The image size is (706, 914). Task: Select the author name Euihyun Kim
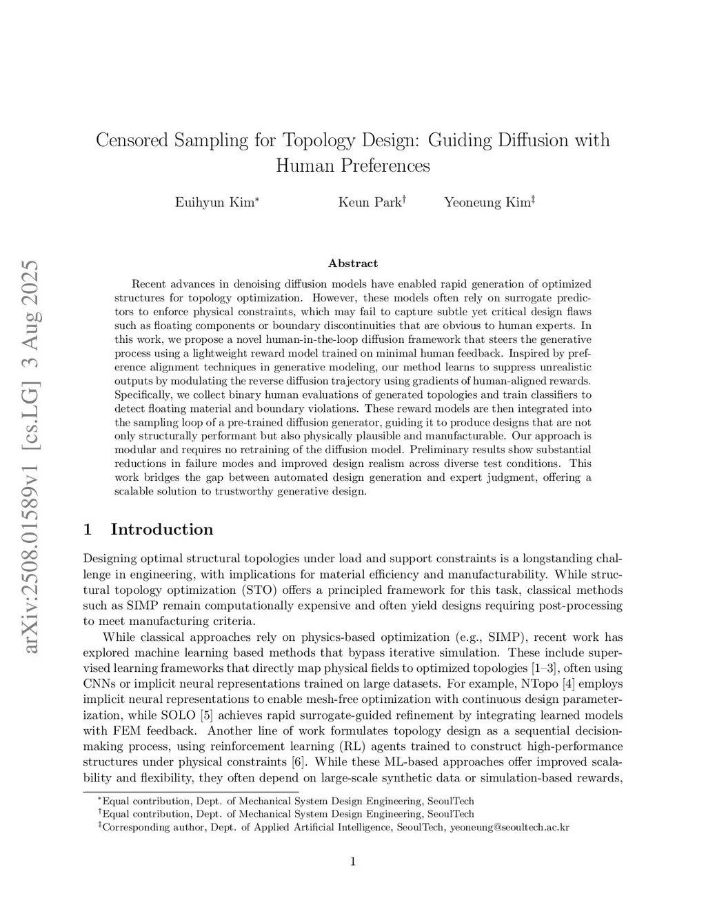point(214,203)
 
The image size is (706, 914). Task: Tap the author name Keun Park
point(369,203)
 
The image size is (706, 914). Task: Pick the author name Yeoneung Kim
point(487,203)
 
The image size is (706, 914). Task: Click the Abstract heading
point(353,264)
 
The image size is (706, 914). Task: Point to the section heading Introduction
point(161,530)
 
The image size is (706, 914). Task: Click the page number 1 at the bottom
point(353,861)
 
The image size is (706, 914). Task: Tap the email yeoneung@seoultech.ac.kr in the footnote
point(510,827)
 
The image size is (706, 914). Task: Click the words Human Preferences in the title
point(353,166)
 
